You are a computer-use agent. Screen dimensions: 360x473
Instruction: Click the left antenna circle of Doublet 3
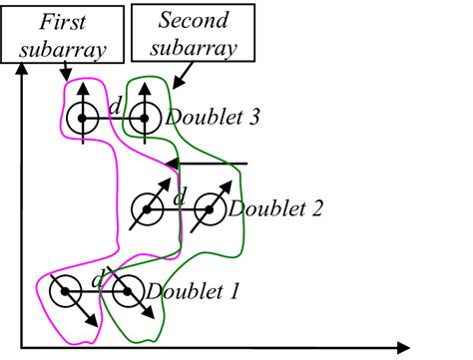pyautogui.click(x=79, y=119)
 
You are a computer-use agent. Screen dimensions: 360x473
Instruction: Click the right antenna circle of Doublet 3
pyautogui.click(x=145, y=119)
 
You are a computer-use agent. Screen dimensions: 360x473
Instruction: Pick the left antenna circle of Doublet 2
pyautogui.click(x=149, y=208)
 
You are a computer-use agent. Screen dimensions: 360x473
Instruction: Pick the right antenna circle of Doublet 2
pyautogui.click(x=210, y=208)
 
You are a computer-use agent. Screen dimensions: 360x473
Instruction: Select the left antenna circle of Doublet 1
pyautogui.click(x=67, y=293)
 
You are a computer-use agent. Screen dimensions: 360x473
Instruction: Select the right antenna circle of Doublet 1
pyautogui.click(x=128, y=293)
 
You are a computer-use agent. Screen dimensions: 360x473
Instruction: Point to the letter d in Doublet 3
pyautogui.click(x=114, y=105)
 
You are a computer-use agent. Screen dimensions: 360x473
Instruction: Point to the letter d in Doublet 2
pyautogui.click(x=180, y=197)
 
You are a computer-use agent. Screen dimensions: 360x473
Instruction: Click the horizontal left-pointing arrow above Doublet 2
pyautogui.click(x=206, y=163)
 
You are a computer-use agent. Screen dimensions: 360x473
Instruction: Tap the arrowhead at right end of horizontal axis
pyautogui.click(x=403, y=348)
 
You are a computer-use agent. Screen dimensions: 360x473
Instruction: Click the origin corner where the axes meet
pyautogui.click(x=21, y=348)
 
